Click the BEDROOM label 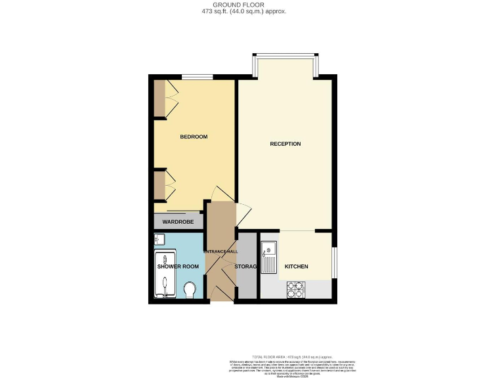(194, 136)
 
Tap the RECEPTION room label (285, 144)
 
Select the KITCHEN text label (296, 266)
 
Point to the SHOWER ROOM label (177, 266)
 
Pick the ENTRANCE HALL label (222, 251)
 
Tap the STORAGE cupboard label (245, 266)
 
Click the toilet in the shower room (190, 289)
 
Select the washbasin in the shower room (159, 239)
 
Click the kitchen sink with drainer (268, 258)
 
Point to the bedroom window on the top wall (192, 77)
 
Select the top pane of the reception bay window (285, 55)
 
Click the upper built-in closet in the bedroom (159, 98)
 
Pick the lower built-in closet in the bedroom (159, 185)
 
